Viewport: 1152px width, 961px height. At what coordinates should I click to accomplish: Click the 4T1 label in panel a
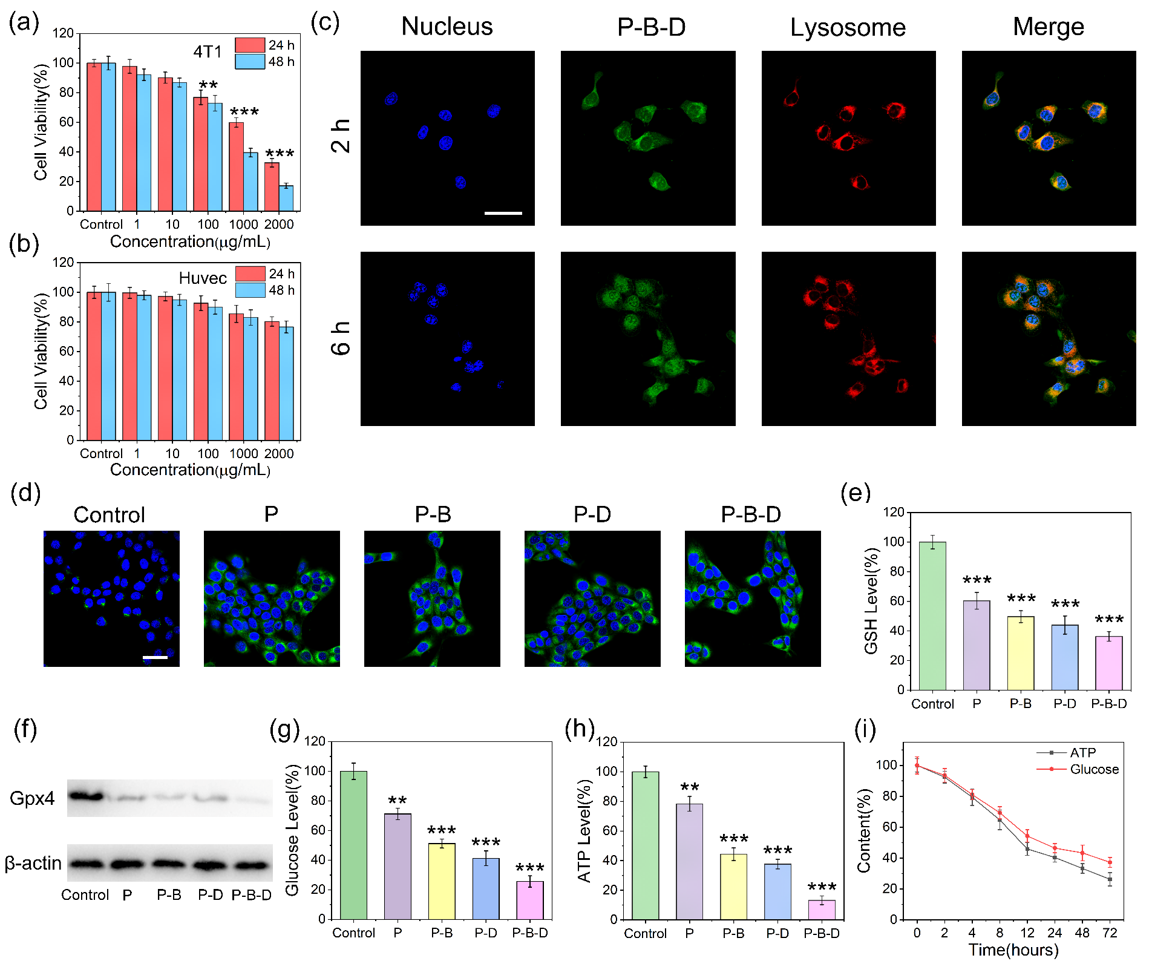click(208, 52)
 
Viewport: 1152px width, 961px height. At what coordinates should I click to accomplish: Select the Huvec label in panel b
click(203, 278)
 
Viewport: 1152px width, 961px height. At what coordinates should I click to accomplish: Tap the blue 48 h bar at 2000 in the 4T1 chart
click(286, 198)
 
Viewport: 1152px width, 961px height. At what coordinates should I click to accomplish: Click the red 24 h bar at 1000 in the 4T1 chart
click(237, 166)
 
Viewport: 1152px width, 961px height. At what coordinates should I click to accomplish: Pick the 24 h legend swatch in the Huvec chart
click(250, 274)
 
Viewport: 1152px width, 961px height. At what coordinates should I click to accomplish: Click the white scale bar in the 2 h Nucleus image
click(503, 213)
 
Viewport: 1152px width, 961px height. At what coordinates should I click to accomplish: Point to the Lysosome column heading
click(848, 28)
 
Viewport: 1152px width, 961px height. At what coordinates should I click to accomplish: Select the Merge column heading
click(1049, 27)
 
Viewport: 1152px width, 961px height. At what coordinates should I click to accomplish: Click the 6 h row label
click(341, 338)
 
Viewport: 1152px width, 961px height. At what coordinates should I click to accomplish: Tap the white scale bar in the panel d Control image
click(155, 657)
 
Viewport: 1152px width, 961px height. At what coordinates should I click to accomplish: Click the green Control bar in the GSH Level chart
click(932, 615)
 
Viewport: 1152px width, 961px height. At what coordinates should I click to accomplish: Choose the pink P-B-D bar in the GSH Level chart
click(1108, 663)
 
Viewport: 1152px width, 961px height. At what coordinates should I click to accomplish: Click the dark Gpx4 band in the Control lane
click(85, 796)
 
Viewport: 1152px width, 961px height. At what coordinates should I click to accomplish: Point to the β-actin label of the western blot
click(33, 863)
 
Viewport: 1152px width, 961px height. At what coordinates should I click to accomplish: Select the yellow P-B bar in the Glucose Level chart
click(442, 881)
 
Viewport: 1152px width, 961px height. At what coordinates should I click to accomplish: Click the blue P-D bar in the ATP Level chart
click(777, 891)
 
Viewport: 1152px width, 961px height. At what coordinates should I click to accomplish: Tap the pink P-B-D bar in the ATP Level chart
click(822, 910)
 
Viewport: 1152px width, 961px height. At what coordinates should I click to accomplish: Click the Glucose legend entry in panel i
click(1094, 769)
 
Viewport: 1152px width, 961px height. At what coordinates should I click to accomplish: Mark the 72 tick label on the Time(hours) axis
click(1110, 933)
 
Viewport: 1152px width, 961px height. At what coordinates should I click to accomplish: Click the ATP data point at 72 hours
click(1110, 879)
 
